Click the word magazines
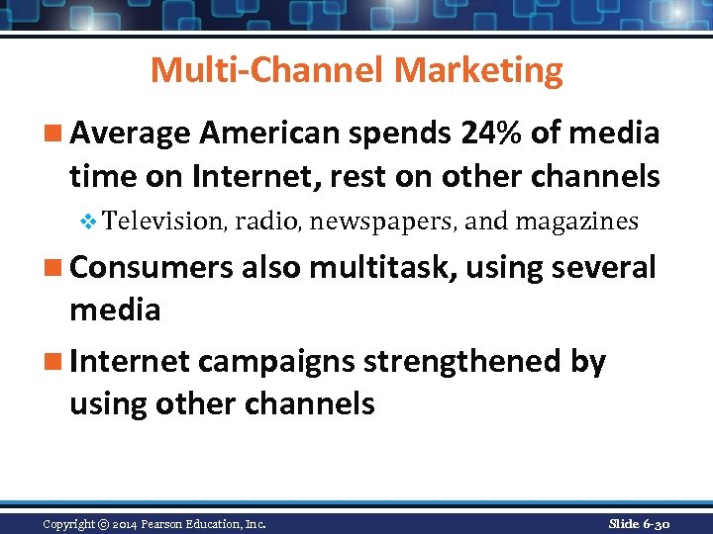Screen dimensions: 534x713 click(x=576, y=221)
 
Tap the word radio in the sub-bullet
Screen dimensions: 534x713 click(x=266, y=221)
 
